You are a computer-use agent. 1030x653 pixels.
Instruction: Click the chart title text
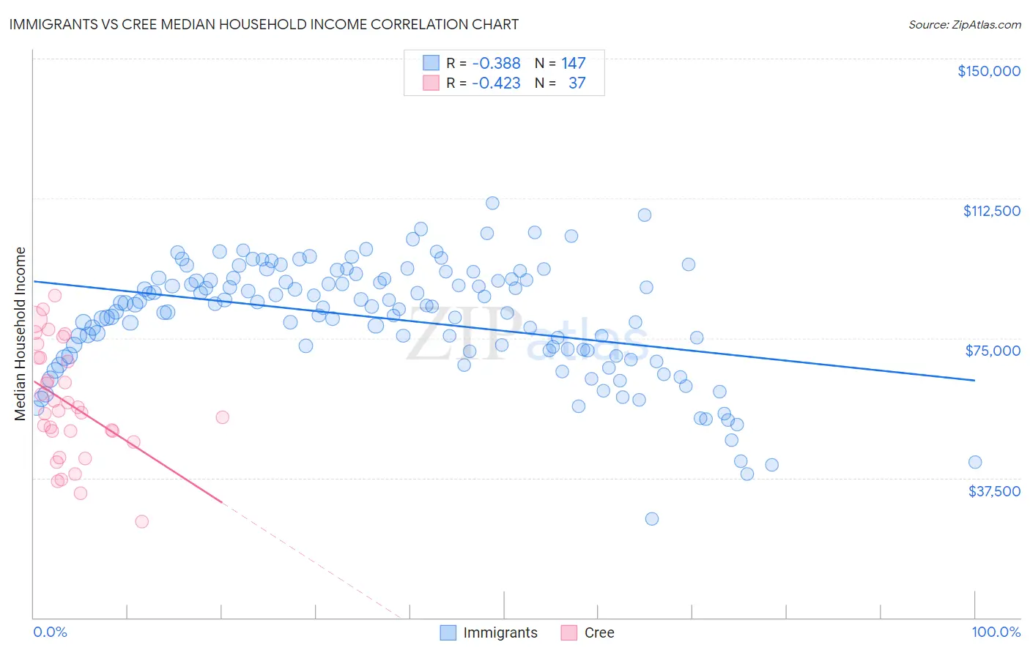264,24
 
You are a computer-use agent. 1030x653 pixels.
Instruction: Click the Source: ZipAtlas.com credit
964,24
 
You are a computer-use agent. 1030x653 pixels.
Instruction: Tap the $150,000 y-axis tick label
988,71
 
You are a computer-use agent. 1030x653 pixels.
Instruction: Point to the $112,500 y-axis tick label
991,211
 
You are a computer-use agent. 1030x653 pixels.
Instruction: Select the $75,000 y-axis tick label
993,351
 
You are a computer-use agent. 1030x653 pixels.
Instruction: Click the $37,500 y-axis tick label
994,491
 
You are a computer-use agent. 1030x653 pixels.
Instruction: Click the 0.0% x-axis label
50,632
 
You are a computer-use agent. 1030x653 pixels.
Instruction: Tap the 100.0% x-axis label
996,632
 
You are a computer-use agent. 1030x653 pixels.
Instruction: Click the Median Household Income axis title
20,334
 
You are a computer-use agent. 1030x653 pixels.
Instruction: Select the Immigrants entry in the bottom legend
500,633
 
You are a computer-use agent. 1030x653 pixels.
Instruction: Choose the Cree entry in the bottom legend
599,633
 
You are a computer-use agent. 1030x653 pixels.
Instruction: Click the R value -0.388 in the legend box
496,64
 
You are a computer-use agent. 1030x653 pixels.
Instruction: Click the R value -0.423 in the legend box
496,83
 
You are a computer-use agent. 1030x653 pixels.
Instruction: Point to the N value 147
574,64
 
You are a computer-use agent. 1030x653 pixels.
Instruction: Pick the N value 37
577,83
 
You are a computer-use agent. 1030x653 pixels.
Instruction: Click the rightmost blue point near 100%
974,462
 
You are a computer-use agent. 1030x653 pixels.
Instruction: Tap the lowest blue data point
651,519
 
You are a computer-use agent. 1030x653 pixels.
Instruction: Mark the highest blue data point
492,203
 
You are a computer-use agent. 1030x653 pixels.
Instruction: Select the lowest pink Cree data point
141,522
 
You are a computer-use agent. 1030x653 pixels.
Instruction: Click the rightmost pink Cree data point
222,417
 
